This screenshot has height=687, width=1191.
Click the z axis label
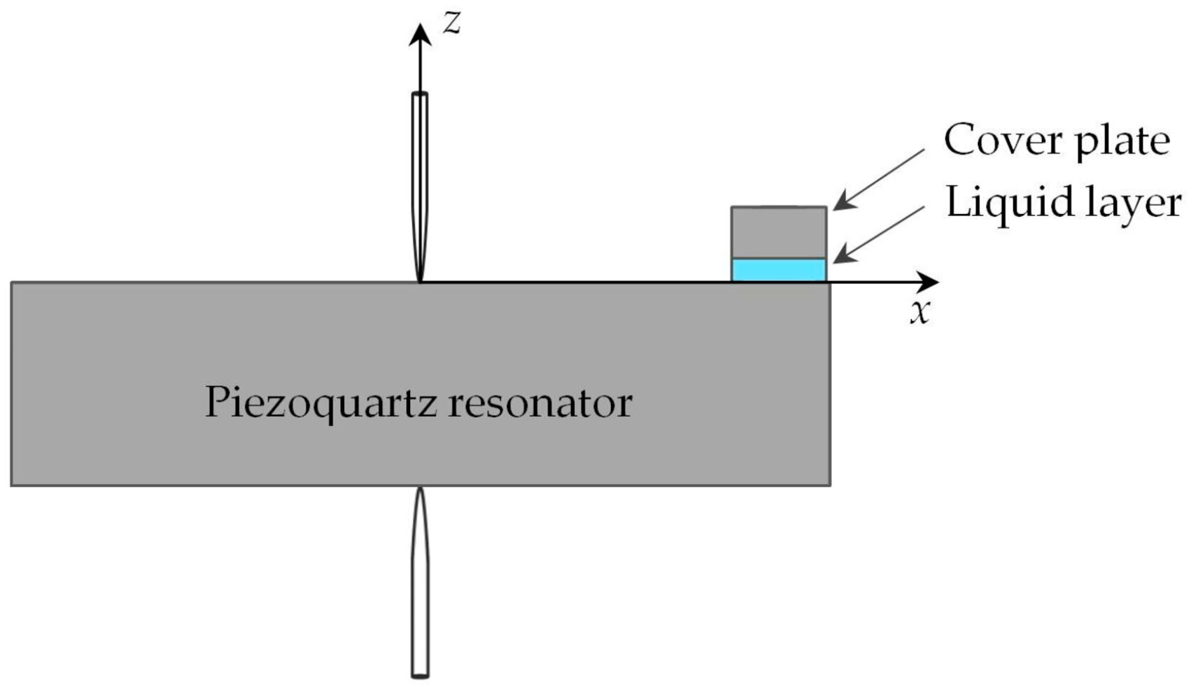[x=453, y=23]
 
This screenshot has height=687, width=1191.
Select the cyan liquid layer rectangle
[x=779, y=270]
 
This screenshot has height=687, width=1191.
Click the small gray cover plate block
[x=779, y=232]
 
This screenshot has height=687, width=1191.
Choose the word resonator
[x=540, y=403]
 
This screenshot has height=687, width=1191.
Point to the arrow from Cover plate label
[x=879, y=179]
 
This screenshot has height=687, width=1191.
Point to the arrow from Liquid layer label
[x=879, y=234]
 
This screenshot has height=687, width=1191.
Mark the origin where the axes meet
[x=420, y=282]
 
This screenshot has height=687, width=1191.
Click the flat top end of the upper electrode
[x=420, y=94]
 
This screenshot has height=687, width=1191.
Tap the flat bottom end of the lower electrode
[x=420, y=676]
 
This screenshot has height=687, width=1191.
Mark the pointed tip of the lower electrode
[x=420, y=488]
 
